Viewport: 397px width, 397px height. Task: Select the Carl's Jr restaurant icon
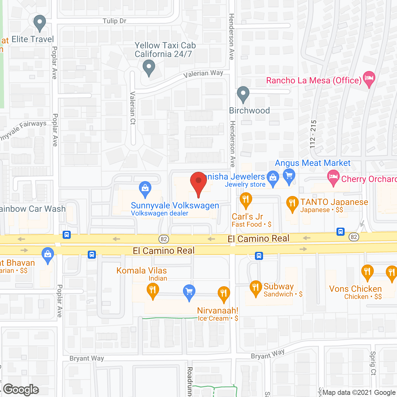click(x=246, y=200)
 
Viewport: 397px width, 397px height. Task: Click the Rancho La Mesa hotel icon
click(x=369, y=78)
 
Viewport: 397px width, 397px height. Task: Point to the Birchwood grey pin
click(x=243, y=94)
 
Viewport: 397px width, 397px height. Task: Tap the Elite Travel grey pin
click(x=39, y=23)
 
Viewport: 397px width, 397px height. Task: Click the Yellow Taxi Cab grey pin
click(x=149, y=67)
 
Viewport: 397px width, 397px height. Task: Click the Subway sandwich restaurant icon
click(x=256, y=288)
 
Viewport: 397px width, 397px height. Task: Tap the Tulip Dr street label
click(x=114, y=21)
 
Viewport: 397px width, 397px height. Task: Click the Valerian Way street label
click(x=203, y=74)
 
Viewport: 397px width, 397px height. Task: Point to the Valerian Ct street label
click(x=133, y=108)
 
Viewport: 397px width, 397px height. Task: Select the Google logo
click(x=21, y=390)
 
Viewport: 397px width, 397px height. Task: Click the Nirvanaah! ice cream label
click(x=218, y=310)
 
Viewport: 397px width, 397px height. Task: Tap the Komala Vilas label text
click(x=141, y=270)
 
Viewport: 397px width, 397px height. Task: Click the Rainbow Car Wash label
click(x=33, y=209)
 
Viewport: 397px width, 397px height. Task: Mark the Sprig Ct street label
click(x=373, y=363)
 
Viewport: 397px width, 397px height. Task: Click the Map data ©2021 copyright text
click(x=359, y=393)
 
